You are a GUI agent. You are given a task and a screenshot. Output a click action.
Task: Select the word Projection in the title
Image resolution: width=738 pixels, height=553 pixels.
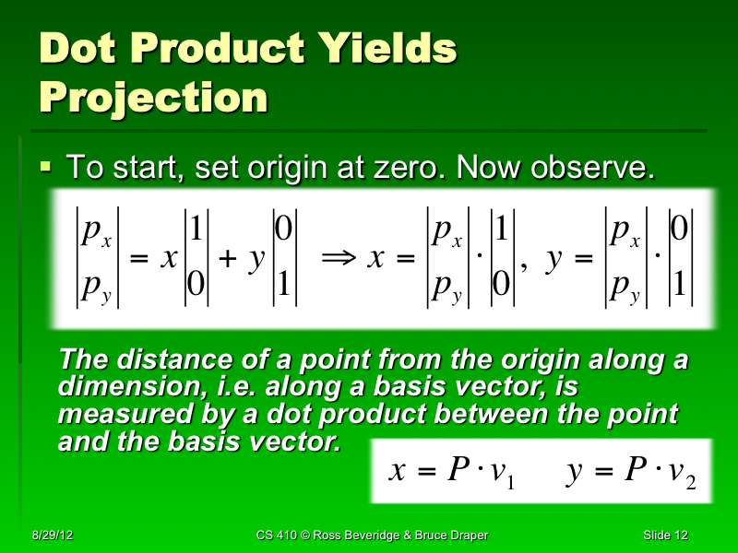153,96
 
